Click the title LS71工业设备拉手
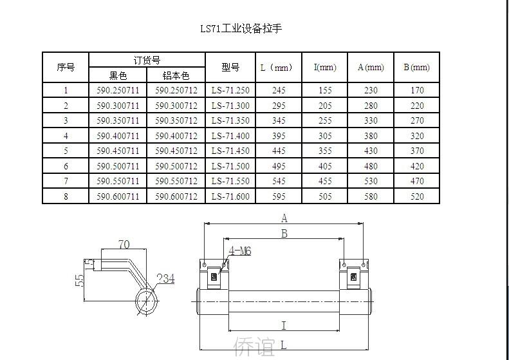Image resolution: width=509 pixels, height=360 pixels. [x=241, y=28]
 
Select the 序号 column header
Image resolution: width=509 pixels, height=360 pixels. [x=66, y=67]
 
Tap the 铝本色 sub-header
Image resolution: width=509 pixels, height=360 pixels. [x=176, y=75]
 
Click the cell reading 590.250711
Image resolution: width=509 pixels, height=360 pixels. [x=118, y=90]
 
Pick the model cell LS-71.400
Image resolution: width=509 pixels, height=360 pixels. [x=230, y=135]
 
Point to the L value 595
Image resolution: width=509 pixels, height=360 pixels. [x=279, y=196]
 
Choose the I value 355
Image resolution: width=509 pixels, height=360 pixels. [x=325, y=151]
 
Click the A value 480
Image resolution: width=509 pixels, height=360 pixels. [x=371, y=166]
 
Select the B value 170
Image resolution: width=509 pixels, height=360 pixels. [x=417, y=90]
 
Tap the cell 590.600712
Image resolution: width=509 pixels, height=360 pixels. [x=176, y=196]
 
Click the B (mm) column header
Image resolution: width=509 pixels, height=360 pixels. [x=416, y=67]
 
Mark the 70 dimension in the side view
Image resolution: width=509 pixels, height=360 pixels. [x=124, y=244]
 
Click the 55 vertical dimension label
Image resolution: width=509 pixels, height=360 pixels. [x=80, y=281]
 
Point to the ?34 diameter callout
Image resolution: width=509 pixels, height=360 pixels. [x=165, y=278]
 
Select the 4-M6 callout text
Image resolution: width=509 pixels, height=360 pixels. [x=240, y=251]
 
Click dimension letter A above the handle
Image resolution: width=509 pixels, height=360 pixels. [x=284, y=218]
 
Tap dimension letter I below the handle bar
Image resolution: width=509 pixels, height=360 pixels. [x=284, y=325]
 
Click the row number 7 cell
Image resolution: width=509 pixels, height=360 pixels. [x=66, y=181]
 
